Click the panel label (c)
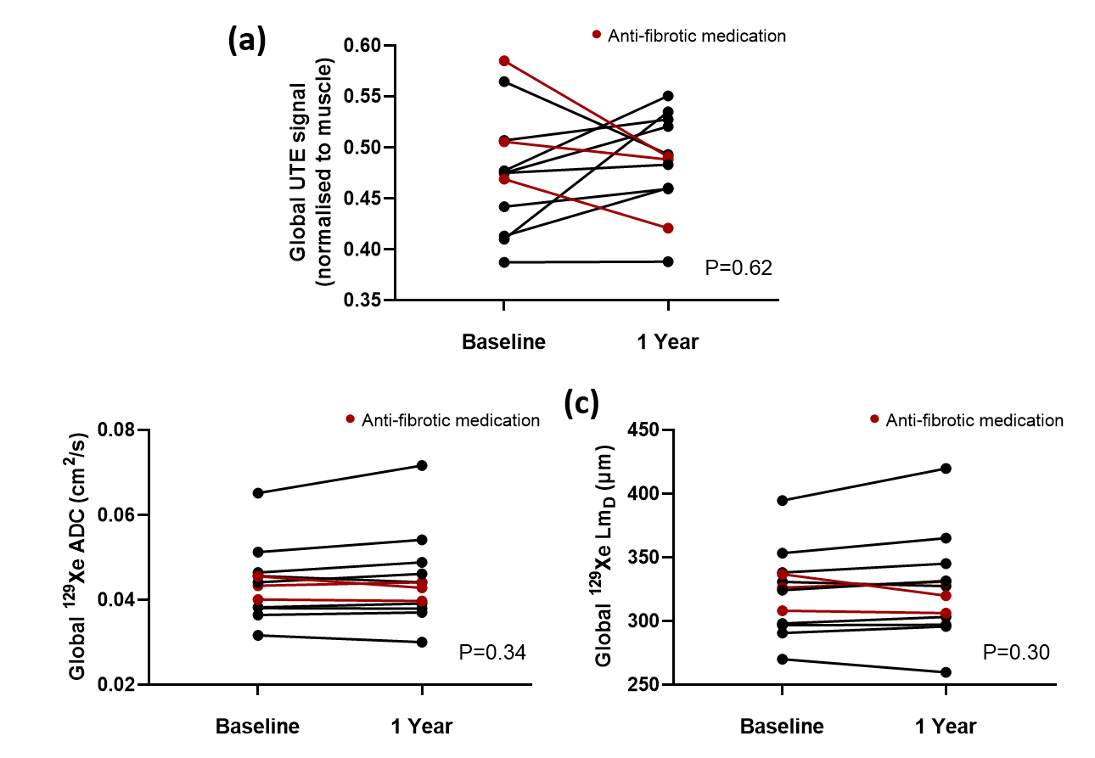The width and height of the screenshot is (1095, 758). click(582, 404)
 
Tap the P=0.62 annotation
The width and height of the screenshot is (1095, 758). click(738, 268)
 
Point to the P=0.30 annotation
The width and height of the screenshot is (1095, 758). click(1016, 652)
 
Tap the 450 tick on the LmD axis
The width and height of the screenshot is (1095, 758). click(645, 430)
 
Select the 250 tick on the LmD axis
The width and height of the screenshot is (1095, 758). click(645, 684)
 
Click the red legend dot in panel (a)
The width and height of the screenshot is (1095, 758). click(597, 36)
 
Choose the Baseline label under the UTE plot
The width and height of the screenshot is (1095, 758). click(503, 342)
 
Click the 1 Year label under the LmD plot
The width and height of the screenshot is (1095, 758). click(946, 727)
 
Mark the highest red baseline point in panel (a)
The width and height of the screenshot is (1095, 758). click(504, 61)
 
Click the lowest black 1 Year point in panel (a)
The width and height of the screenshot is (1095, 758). click(669, 261)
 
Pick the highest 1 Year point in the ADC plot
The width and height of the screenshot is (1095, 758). click(422, 465)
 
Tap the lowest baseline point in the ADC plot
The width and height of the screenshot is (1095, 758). click(258, 635)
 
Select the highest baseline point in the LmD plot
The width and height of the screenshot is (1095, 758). click(782, 501)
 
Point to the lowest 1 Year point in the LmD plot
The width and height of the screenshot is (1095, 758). click(946, 672)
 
